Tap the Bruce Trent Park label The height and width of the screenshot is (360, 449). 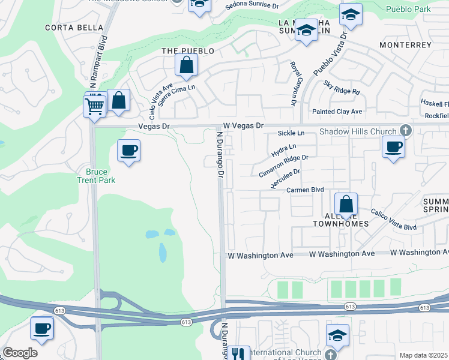tap(96, 175)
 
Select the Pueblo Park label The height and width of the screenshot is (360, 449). tap(408, 9)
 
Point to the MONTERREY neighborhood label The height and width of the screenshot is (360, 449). tap(405, 45)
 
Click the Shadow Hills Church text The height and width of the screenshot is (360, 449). tap(358, 131)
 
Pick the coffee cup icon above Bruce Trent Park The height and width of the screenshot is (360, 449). tap(129, 151)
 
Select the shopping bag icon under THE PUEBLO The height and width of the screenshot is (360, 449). tap(187, 66)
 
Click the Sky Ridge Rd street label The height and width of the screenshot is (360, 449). tap(342, 88)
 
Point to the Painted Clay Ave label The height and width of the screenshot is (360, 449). tap(337, 112)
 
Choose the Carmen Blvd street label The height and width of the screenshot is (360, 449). tap(305, 190)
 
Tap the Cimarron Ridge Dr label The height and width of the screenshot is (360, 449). tap(283, 166)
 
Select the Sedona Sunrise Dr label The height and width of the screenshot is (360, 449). tap(252, 6)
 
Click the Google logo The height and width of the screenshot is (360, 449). tap(20, 353)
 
